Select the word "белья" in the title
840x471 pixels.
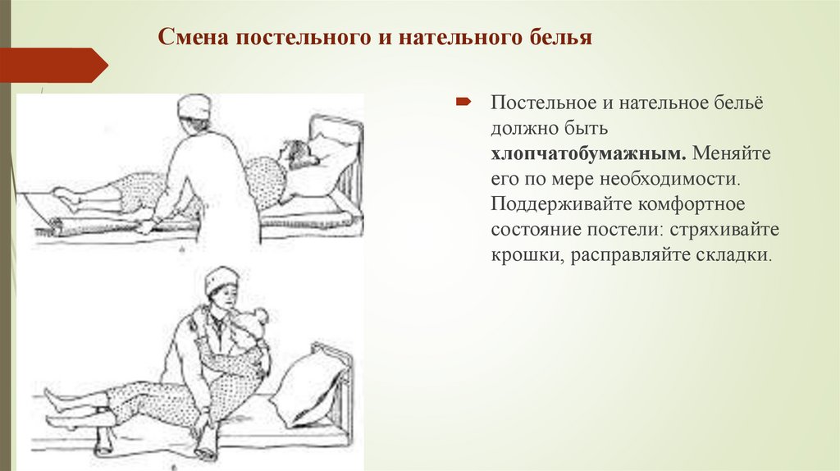tap(559, 38)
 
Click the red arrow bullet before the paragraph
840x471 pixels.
tap(463, 102)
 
